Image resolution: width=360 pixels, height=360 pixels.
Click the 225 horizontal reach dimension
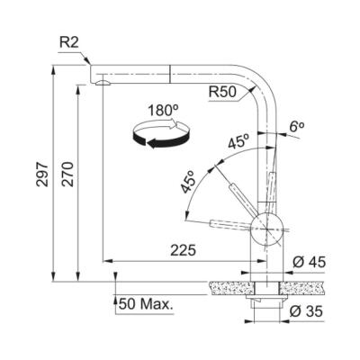tap(179, 250)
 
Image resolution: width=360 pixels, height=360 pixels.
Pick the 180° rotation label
tap(163, 111)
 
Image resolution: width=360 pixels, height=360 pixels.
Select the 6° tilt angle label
tap(295, 128)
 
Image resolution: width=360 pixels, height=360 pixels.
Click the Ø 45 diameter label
tap(308, 261)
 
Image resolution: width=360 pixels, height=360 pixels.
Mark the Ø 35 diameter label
tap(308, 312)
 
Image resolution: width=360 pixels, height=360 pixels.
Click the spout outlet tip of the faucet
tap(103, 81)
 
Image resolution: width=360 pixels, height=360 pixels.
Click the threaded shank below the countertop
tap(264, 306)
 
